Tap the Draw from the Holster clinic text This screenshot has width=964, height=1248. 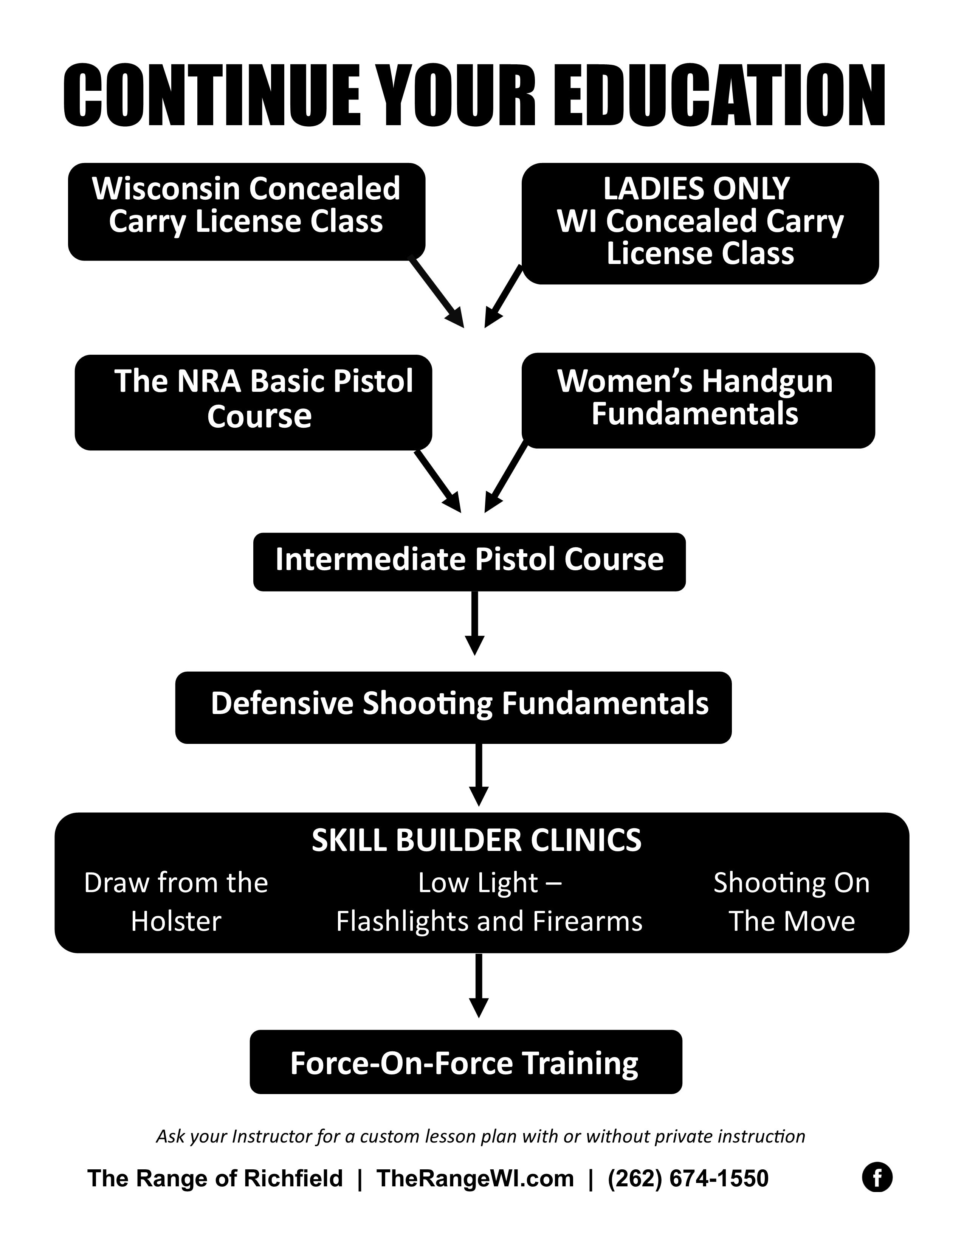pyautogui.click(x=176, y=902)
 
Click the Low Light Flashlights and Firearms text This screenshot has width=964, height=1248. pyautogui.click(x=490, y=902)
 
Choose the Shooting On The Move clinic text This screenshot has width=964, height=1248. pyautogui.click(x=792, y=902)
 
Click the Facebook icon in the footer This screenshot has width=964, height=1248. pyautogui.click(x=877, y=1178)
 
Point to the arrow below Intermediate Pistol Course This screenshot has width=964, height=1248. pyautogui.click(x=474, y=623)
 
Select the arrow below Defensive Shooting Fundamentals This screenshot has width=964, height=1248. pyautogui.click(x=479, y=774)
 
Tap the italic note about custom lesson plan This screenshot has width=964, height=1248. pyautogui.click(x=480, y=1136)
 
